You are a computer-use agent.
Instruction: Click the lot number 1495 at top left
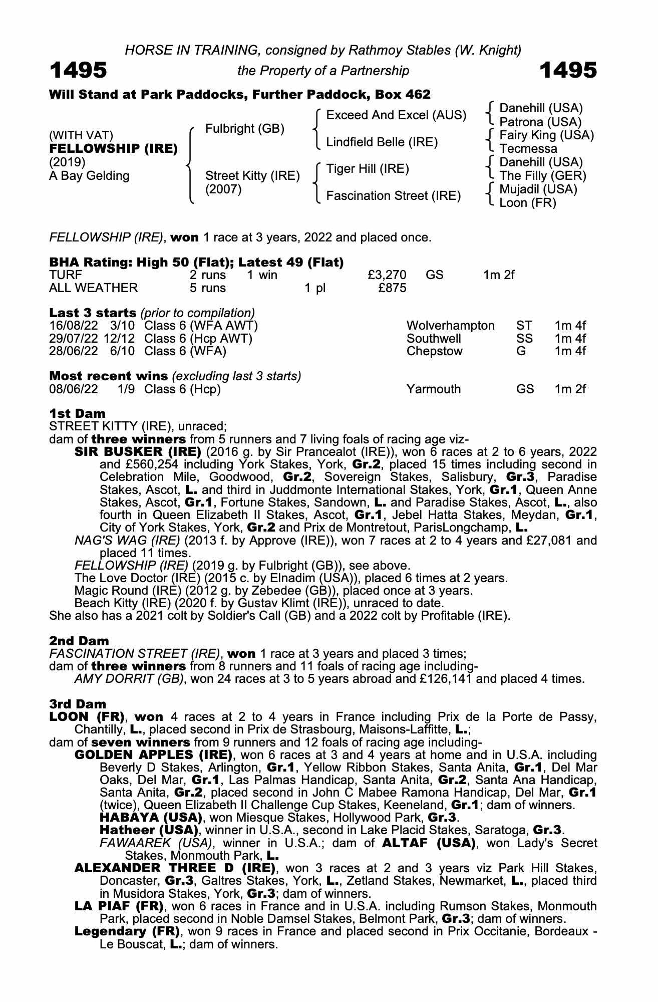pos(78,70)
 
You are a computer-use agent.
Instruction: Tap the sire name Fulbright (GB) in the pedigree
pos(245,129)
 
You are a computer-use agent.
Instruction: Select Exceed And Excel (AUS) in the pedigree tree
pos(396,115)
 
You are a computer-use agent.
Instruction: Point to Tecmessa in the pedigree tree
pos(528,149)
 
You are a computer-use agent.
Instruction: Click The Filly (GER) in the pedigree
pos(543,176)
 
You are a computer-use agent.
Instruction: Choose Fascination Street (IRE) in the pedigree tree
pos(393,196)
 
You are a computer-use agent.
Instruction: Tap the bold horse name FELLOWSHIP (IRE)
pos(113,149)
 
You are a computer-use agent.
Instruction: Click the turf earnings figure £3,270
pos(387,275)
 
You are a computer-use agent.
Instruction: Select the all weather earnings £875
pos(392,288)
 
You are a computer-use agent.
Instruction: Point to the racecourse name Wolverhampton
pos(450,326)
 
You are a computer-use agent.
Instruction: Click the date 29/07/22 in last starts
pos(74,339)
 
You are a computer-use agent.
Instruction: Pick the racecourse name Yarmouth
pos(433,389)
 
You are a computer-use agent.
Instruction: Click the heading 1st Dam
pos(77,414)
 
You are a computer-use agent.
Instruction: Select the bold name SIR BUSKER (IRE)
pos(138,452)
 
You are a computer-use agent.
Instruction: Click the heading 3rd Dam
pos(78,704)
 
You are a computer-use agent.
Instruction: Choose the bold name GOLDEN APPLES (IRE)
pos(153,755)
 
